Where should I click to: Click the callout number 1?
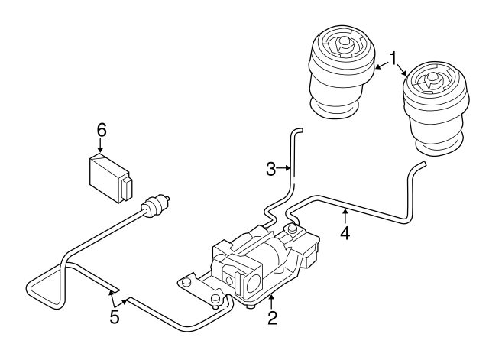click(x=393, y=58)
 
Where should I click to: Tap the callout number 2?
click(x=271, y=316)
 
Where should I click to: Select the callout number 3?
click(x=270, y=169)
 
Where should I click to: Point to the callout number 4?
click(x=345, y=233)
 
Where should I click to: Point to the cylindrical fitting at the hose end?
click(x=157, y=205)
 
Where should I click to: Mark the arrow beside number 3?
click(x=285, y=168)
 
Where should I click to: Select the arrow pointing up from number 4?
click(x=345, y=216)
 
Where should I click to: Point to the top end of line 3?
click(x=296, y=131)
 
